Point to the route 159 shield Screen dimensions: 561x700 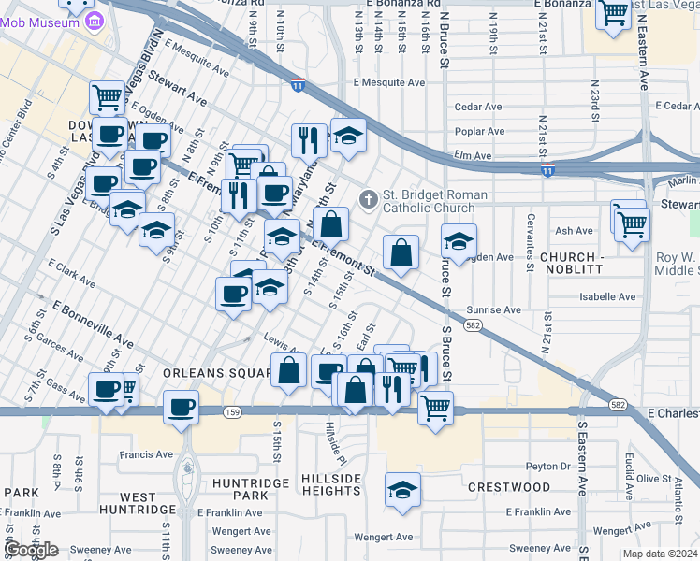230,411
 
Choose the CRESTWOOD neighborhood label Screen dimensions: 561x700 508,487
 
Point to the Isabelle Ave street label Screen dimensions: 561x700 608,297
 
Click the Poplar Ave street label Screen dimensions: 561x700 479,132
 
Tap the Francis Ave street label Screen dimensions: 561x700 146,455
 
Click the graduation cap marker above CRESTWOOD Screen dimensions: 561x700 402,490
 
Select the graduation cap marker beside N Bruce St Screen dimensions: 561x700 459,241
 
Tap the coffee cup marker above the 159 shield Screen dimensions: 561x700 181,407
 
